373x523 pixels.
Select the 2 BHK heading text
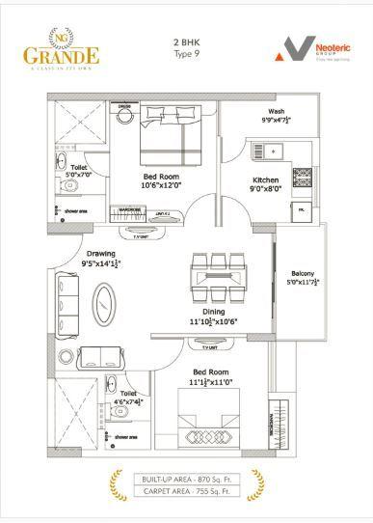click(186, 43)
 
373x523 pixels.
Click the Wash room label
click(276, 111)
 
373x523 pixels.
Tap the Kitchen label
click(266, 180)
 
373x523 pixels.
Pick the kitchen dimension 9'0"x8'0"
click(267, 190)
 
